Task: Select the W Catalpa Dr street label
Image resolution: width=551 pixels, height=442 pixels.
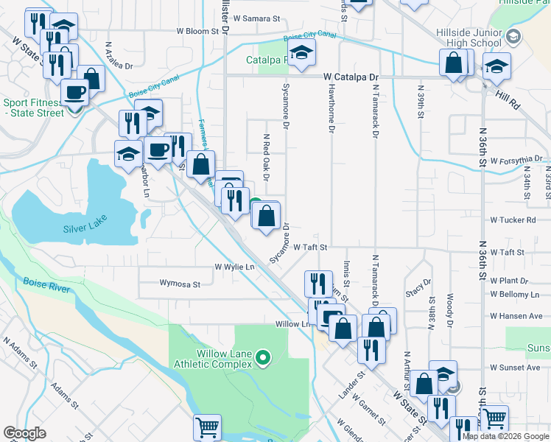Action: click(351, 77)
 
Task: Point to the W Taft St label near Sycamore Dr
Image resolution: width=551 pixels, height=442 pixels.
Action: click(309, 248)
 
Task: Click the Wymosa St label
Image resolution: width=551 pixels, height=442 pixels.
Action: click(180, 282)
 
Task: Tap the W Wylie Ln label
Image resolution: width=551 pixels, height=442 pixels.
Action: click(234, 267)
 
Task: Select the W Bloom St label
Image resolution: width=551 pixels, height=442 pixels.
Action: click(198, 32)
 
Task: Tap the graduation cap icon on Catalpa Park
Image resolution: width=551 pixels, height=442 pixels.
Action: click(301, 52)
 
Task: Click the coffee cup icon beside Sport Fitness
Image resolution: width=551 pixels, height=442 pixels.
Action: click(74, 93)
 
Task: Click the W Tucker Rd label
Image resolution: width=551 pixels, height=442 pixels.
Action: click(513, 220)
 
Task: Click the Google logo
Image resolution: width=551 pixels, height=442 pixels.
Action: click(25, 433)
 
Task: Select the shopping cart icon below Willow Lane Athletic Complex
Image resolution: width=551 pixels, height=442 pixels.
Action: click(208, 427)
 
